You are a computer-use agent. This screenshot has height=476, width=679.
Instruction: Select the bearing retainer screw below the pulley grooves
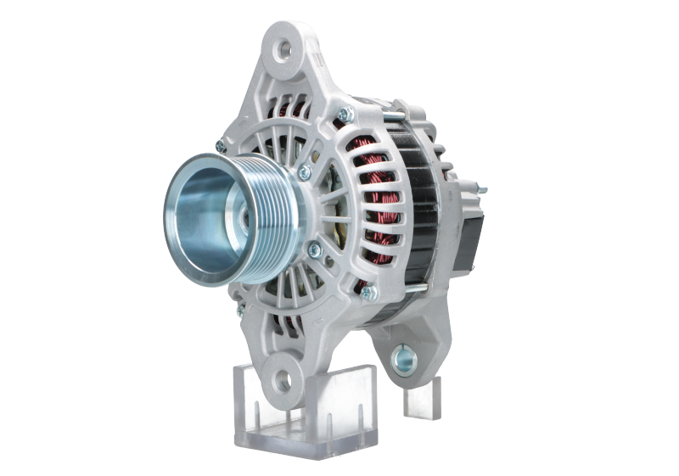315,249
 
